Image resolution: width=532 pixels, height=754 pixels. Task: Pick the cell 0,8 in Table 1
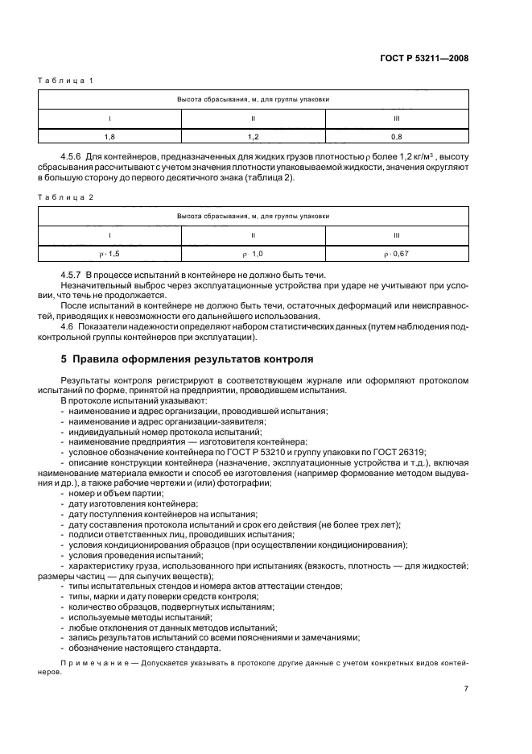396,138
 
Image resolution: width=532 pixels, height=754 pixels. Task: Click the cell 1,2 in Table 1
253,138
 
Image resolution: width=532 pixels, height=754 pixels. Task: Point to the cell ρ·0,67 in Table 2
396,254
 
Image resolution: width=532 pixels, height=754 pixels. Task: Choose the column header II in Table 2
253,235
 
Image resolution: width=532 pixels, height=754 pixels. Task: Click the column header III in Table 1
396,119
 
